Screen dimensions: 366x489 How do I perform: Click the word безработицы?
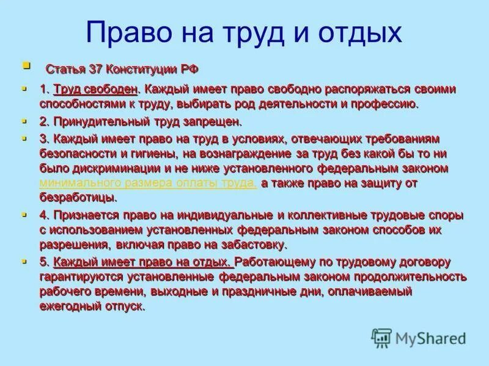pos(77,198)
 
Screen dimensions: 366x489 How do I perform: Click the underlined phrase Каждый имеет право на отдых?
pos(143,262)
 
